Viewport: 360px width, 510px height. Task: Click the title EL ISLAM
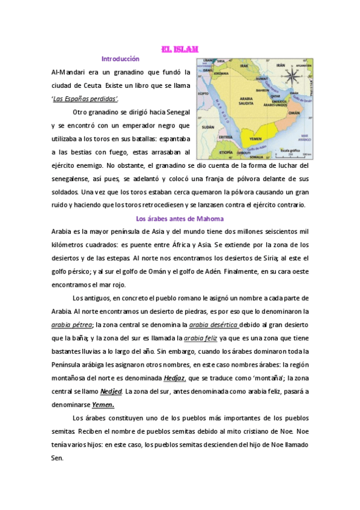[180, 49]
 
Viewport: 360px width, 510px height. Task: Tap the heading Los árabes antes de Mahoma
[180, 218]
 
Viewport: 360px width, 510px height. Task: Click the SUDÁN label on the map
[208, 127]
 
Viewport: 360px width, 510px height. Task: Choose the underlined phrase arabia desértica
[213, 325]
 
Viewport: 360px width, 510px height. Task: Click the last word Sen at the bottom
[58, 458]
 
